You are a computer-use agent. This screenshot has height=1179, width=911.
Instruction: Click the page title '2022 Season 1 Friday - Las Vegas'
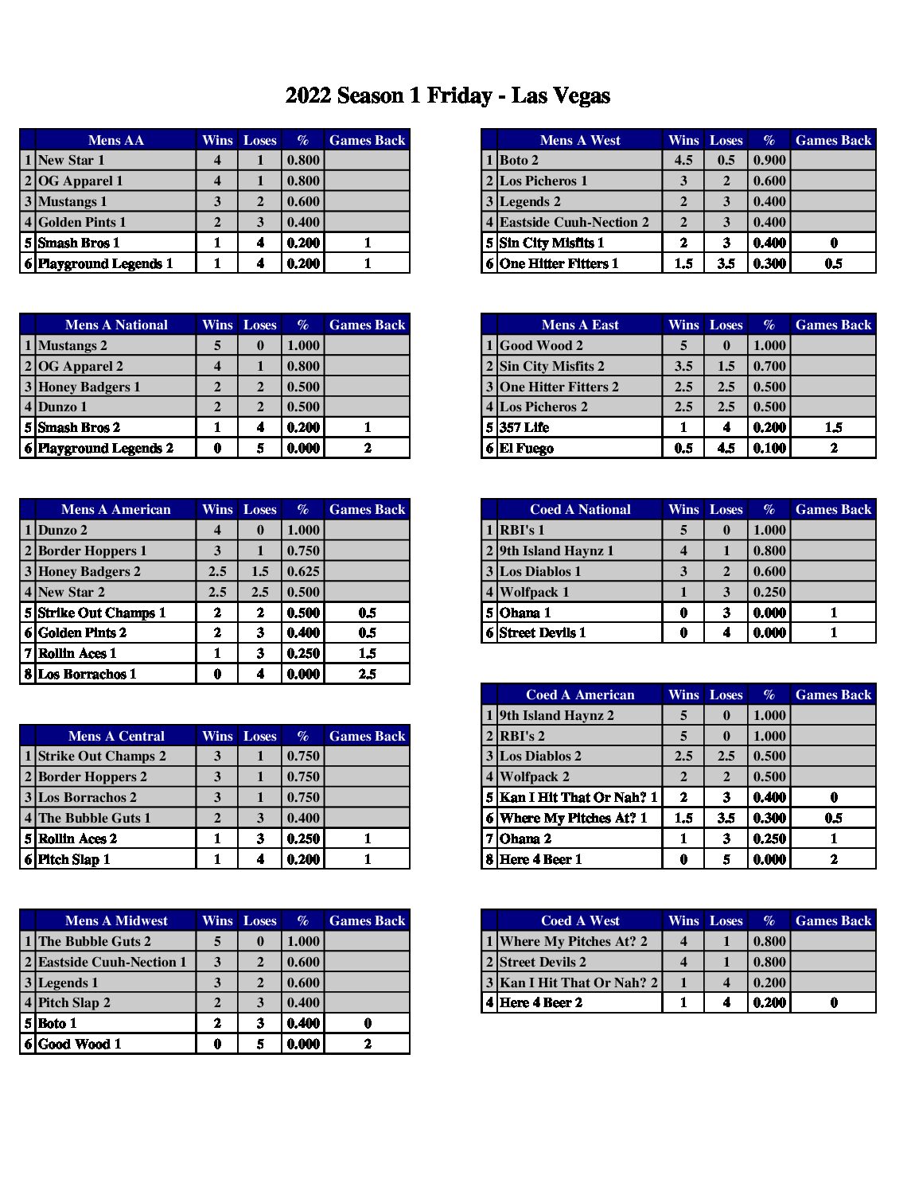point(448,96)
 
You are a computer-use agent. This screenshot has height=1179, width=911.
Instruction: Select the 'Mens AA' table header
point(116,140)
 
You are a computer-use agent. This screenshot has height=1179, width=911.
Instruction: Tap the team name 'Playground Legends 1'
point(105,263)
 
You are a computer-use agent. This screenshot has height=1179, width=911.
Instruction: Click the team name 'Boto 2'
point(519,161)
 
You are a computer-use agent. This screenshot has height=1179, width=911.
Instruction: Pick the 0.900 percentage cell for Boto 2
point(769,161)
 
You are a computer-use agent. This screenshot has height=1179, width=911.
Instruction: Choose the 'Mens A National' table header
point(116,325)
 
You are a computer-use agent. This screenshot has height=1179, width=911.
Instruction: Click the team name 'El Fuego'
point(527,448)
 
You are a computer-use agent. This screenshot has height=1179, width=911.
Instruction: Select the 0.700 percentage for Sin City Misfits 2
point(769,366)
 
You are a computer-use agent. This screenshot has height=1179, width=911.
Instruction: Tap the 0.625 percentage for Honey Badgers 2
point(303,571)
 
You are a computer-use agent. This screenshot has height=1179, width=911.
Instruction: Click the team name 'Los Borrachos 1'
point(88,674)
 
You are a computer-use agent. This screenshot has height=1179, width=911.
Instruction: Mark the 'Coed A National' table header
point(580,509)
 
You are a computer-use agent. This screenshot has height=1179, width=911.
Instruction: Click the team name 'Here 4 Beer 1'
point(541,859)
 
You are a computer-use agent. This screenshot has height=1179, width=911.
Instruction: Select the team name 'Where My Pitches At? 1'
point(574,818)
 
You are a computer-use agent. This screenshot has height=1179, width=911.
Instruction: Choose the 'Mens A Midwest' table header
point(116,920)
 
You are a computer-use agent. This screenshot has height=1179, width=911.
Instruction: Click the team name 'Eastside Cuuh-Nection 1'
point(112,962)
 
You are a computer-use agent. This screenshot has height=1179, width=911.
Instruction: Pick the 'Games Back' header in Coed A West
point(833,920)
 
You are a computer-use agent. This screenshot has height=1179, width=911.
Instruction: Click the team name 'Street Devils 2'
point(543,962)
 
